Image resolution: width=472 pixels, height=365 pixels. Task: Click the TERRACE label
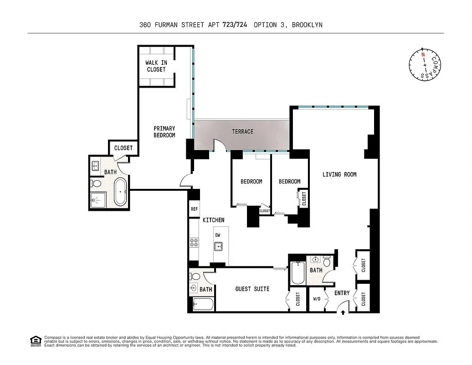pyautogui.click(x=242, y=132)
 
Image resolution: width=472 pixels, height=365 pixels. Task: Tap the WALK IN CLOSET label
pyautogui.click(x=156, y=66)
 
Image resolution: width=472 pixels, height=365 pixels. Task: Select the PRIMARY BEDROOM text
pyautogui.click(x=164, y=132)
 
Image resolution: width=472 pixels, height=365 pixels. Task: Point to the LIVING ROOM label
pyautogui.click(x=339, y=174)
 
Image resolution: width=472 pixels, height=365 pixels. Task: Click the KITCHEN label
pyautogui.click(x=213, y=220)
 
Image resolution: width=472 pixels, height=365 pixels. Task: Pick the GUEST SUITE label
pyautogui.click(x=252, y=289)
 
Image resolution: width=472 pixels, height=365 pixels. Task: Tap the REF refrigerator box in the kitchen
pyautogui.click(x=195, y=209)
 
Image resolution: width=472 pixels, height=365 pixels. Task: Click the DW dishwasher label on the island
pyautogui.click(x=218, y=235)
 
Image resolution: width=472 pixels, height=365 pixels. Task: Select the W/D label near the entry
pyautogui.click(x=317, y=300)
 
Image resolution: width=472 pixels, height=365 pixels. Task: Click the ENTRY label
pyautogui.click(x=342, y=293)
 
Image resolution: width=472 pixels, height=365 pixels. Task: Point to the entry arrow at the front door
pyautogui.click(x=343, y=313)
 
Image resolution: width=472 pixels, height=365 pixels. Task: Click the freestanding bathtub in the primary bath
pyautogui.click(x=120, y=192)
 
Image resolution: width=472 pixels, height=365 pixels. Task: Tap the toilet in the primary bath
pyautogui.click(x=96, y=183)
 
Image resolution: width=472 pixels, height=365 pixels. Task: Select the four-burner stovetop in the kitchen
pyautogui.click(x=194, y=242)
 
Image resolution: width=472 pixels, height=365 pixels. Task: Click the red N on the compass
pyautogui.click(x=423, y=55)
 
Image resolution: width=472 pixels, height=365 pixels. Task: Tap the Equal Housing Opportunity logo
pyautogui.click(x=35, y=340)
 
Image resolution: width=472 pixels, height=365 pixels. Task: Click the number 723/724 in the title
pyautogui.click(x=235, y=25)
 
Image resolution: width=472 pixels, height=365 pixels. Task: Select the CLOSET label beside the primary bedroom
pyautogui.click(x=123, y=148)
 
